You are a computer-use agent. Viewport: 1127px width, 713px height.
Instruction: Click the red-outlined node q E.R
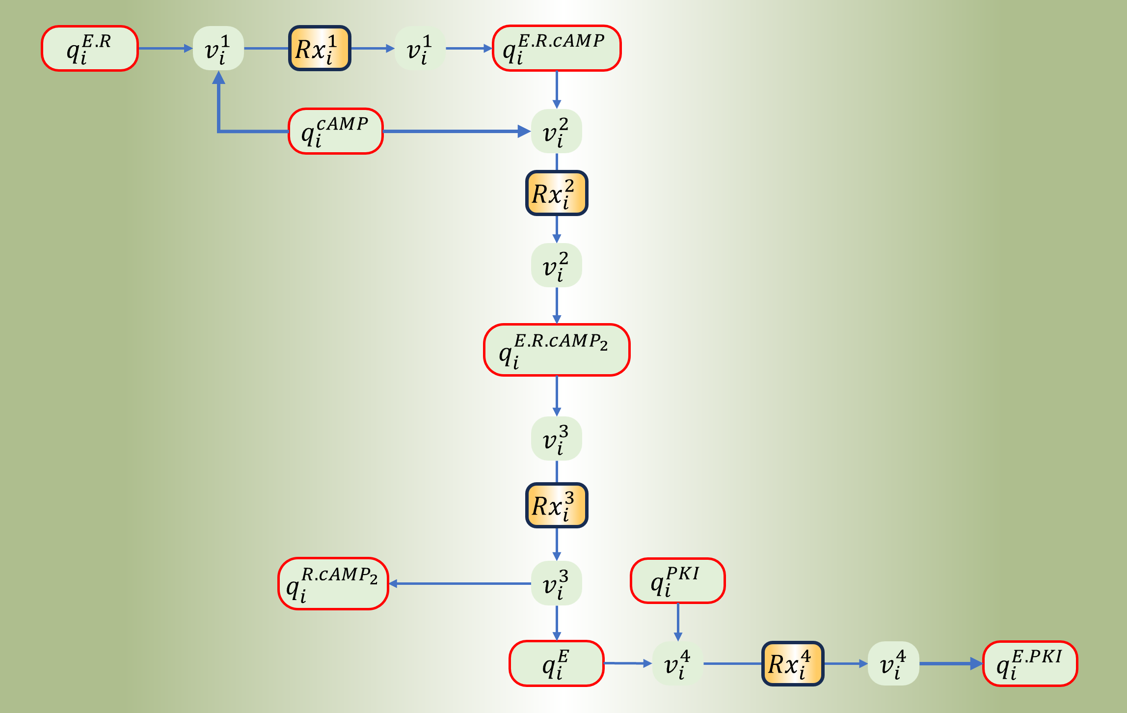[90, 49]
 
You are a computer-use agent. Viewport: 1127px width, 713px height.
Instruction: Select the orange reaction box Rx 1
[320, 49]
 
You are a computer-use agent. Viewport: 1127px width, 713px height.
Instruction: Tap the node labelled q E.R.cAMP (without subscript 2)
[557, 49]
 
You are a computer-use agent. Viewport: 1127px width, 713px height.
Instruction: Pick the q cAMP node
[336, 131]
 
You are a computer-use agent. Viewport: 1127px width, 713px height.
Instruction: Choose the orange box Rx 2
[557, 193]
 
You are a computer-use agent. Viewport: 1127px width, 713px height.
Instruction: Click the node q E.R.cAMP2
[557, 350]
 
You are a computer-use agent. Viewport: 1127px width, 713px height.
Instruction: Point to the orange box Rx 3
[557, 505]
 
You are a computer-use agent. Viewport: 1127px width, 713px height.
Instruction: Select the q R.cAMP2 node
[333, 584]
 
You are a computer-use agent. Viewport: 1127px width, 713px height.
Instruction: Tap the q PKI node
[678, 580]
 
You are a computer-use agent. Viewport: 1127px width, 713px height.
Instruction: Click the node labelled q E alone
[557, 663]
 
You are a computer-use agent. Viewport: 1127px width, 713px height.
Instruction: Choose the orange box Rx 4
[793, 663]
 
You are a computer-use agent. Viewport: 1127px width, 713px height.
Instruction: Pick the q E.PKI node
[1030, 663]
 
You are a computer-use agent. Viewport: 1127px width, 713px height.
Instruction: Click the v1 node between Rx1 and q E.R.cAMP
[420, 49]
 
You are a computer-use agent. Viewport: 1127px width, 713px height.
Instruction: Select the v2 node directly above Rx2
[557, 131]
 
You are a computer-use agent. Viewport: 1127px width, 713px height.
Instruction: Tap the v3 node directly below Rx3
[557, 583]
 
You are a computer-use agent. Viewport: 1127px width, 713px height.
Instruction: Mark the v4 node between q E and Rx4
[678, 663]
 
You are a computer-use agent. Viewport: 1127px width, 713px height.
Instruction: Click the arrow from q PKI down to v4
[678, 621]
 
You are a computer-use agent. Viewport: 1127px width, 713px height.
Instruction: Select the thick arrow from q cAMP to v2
[456, 131]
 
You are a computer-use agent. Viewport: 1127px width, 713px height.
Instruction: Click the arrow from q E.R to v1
[165, 49]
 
